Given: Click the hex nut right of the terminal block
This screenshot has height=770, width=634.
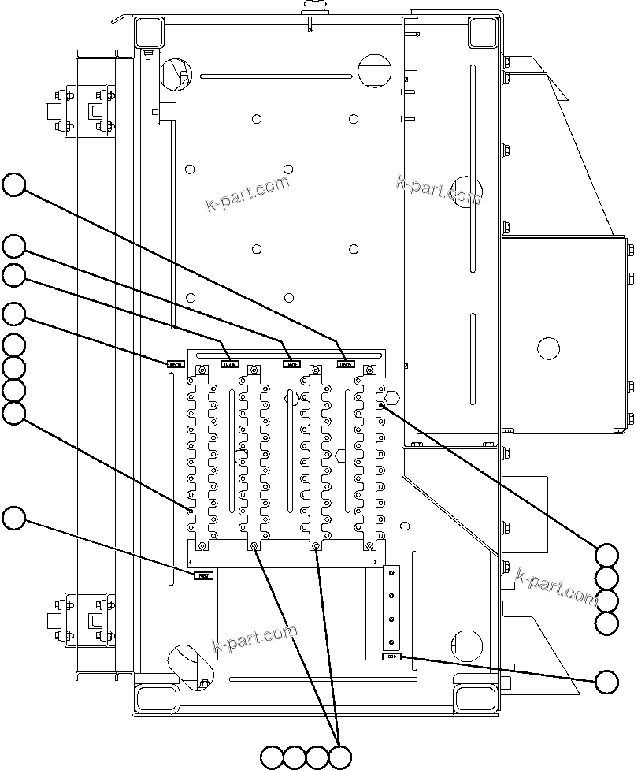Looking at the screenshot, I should tap(393, 397).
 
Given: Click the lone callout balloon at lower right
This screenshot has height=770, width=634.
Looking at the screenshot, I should tap(606, 683).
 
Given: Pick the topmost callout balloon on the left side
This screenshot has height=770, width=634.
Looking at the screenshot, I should tap(13, 185).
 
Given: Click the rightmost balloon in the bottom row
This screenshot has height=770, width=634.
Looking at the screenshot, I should tap(340, 757).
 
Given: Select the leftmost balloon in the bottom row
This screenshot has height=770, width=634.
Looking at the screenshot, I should tap(272, 757).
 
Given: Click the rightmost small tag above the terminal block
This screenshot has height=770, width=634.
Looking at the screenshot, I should tap(346, 364).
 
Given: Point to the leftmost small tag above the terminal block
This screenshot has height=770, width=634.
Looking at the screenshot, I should tap(175, 363).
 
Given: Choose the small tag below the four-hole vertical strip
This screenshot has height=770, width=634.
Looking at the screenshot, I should tap(391, 656).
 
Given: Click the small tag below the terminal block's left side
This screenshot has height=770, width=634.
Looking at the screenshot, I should tap(203, 575).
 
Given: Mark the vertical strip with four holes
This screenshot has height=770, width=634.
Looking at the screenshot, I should tap(391, 607).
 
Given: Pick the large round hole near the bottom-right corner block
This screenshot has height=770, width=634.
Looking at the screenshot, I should tap(468, 645).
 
